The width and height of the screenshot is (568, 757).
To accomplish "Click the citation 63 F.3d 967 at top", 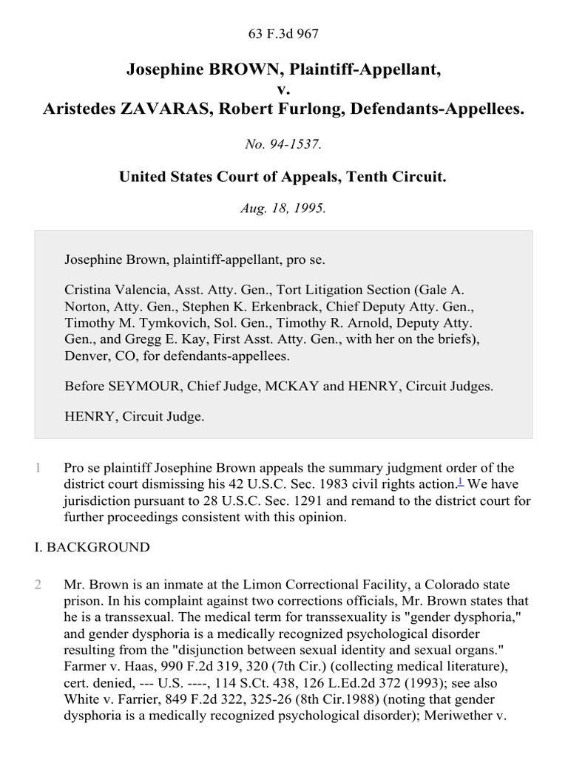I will [x=283, y=33].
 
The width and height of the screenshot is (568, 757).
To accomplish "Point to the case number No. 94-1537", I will [x=283, y=145].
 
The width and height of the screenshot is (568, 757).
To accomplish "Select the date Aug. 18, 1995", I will [x=283, y=208].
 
